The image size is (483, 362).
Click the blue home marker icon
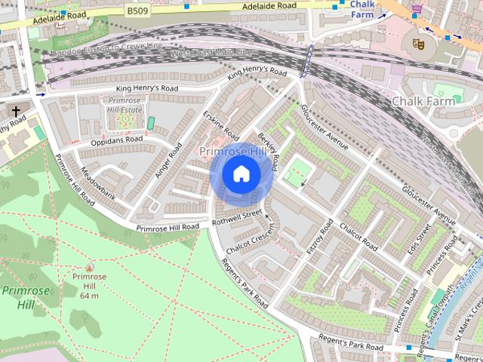tap(241, 175)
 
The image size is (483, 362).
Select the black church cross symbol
tap(15, 112)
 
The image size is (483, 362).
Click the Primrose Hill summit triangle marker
tap(90, 267)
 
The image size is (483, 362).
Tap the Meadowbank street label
tap(98, 183)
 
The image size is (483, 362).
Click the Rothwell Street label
tap(238, 218)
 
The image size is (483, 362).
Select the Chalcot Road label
tap(358, 237)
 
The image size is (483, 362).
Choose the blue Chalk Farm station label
tap(361, 9)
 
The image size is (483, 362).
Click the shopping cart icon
tap(417, 9)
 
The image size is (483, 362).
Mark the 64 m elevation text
tap(90, 295)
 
